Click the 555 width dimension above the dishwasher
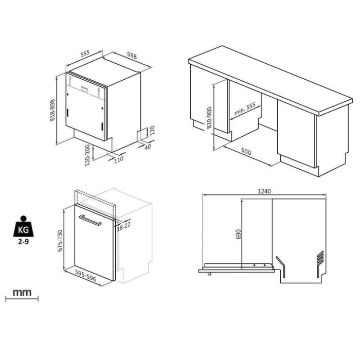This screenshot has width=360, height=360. pyautogui.click(x=85, y=53)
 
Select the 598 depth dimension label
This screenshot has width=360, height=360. pyautogui.click(x=132, y=56)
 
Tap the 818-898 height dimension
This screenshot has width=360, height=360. pyautogui.click(x=52, y=110)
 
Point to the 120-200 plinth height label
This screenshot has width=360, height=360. pyautogui.click(x=87, y=155)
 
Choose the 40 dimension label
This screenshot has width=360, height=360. pyautogui.click(x=148, y=147)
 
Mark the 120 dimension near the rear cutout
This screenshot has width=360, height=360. pyautogui.click(x=152, y=130)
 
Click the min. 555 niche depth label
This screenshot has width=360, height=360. pyautogui.click(x=245, y=109)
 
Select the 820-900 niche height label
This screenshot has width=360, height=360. pyautogui.click(x=209, y=118)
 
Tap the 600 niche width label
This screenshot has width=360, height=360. pyautogui.click(x=246, y=152)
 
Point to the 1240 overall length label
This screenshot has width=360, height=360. pyautogui.click(x=264, y=191)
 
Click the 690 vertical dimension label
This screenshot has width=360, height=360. pyautogui.click(x=238, y=234)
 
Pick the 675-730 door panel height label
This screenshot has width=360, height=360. pyautogui.click(x=60, y=241)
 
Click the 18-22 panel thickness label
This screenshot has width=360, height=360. pyautogui.click(x=123, y=226)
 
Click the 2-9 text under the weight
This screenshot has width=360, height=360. pyautogui.click(x=24, y=242)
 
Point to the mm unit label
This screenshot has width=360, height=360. pyautogui.click(x=22, y=293)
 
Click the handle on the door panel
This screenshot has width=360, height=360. pyautogui.click(x=90, y=221)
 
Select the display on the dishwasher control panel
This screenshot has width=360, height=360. pyautogui.click(x=84, y=89)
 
